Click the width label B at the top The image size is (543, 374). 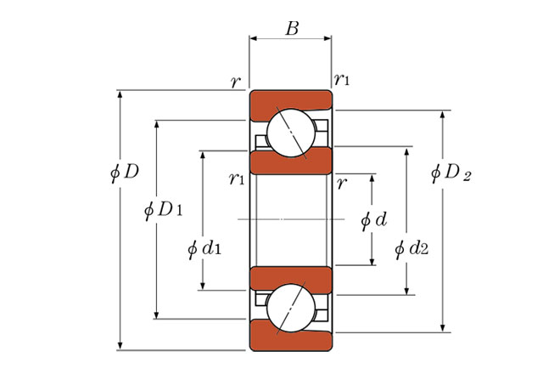pos(292,28)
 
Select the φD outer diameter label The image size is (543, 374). pos(125,172)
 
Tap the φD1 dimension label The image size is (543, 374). pos(163,210)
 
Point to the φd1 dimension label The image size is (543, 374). pos(204,248)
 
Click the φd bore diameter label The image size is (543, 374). pos(373,220)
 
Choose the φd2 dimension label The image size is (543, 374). pos(411,248)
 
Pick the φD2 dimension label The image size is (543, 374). pos(451,172)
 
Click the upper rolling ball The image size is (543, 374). pos(291,133)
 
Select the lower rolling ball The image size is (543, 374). pos(291,308)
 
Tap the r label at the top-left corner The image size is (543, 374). pos(235,82)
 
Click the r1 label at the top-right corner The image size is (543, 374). pos(342,80)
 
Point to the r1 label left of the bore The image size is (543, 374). pos(237,178)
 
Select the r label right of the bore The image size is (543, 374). pos(341,184)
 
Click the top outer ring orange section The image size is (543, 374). pos(291,100)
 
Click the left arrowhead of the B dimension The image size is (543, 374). pos(253,38)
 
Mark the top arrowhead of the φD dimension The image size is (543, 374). pos(120,94)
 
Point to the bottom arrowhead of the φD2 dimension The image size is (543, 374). pos(442,328)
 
